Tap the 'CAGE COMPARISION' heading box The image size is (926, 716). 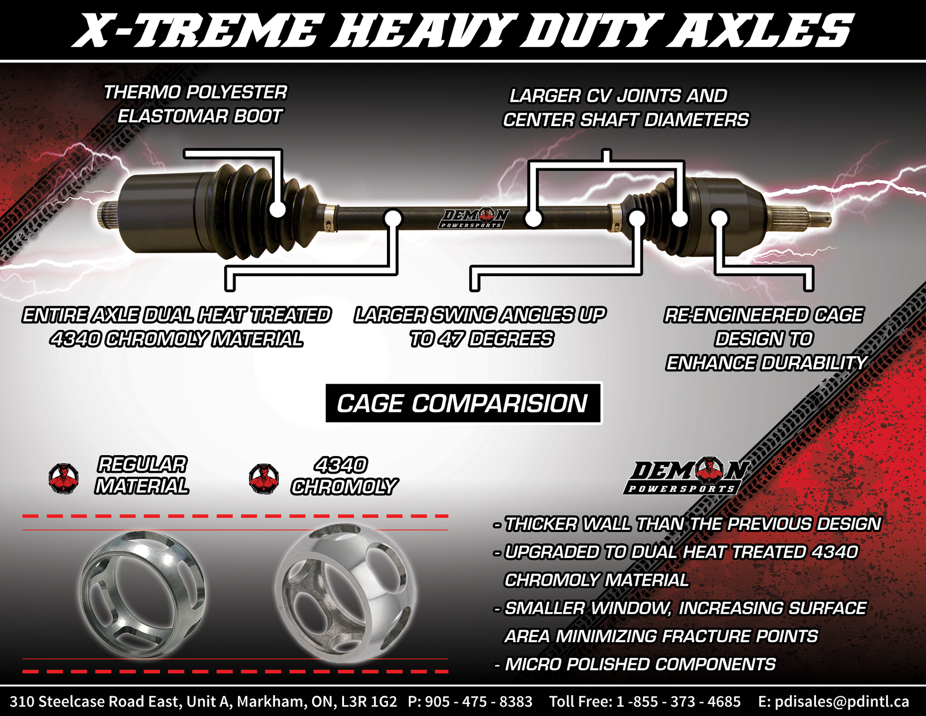coord(463,403)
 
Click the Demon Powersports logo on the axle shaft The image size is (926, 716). coord(473,219)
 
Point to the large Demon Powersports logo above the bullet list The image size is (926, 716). coord(686,477)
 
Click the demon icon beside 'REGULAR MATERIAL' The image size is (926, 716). coord(64,478)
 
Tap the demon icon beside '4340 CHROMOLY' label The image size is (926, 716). coord(264,478)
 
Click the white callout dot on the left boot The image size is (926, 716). coord(277,209)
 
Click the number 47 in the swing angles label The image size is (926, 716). coord(451,339)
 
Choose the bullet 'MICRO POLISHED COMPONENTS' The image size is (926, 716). coord(635,664)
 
